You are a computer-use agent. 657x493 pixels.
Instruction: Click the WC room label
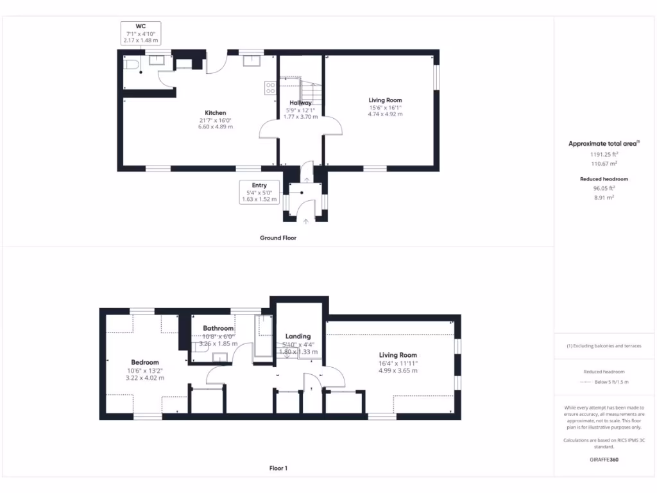[139, 26]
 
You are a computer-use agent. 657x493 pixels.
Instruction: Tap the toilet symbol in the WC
[132, 64]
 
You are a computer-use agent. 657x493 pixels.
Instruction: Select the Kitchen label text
[215, 113]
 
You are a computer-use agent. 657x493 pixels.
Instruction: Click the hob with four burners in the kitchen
[270, 89]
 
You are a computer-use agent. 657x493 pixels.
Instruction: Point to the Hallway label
[300, 103]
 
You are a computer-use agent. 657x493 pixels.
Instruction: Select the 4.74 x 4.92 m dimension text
[385, 114]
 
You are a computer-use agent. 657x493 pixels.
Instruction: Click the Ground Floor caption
[278, 238]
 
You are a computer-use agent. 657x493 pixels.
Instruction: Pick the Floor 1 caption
[278, 469]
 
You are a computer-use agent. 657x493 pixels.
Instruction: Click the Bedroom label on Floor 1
[144, 363]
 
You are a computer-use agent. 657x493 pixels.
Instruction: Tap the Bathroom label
[218, 329]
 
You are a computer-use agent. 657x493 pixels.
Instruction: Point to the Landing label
[298, 336]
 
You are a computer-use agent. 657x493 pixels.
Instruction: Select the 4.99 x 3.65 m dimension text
[397, 370]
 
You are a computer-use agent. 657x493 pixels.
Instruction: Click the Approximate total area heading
[604, 144]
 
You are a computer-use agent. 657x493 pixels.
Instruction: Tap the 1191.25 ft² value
[604, 155]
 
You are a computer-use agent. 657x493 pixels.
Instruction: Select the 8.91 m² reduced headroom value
[604, 198]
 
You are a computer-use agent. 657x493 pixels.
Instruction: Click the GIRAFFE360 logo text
[604, 460]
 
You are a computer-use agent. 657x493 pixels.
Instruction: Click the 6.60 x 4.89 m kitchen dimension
[215, 127]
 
